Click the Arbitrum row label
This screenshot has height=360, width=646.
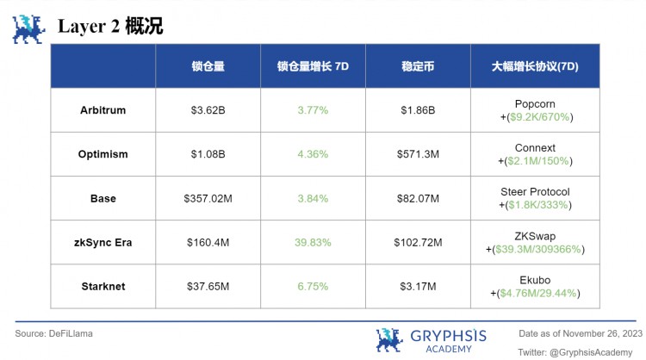(x=102, y=110)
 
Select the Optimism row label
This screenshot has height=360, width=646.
(x=102, y=154)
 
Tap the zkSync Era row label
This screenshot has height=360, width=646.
(x=102, y=242)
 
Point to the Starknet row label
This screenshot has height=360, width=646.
(x=102, y=286)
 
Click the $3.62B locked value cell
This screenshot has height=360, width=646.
(x=208, y=110)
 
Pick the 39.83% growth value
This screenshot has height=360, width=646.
(x=313, y=242)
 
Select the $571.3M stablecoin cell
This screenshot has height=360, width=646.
(x=418, y=154)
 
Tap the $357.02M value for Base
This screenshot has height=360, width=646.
(x=208, y=198)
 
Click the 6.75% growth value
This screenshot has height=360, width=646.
(x=313, y=286)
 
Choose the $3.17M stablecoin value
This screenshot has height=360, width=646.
(x=418, y=286)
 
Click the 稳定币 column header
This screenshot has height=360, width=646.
(x=418, y=65)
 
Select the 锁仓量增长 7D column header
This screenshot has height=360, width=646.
(x=313, y=65)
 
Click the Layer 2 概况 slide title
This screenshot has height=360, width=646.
(x=110, y=27)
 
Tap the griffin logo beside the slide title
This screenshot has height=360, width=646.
(x=28, y=28)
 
